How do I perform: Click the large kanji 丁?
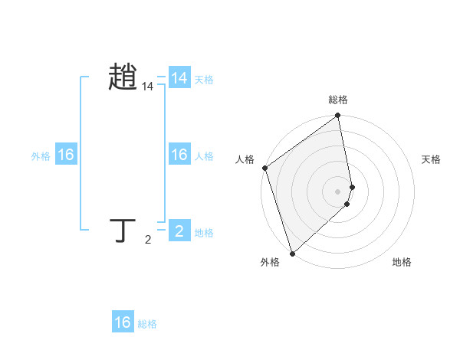click(x=123, y=230)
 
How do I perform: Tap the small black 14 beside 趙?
click(x=148, y=87)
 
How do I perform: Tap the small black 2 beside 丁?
click(x=148, y=241)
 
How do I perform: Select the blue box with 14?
click(x=179, y=78)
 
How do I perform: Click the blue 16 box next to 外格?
click(x=66, y=155)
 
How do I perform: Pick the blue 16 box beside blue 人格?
click(x=179, y=155)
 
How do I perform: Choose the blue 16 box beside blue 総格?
click(x=123, y=322)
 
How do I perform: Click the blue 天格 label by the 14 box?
click(x=204, y=80)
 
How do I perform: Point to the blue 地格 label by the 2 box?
click(x=204, y=233)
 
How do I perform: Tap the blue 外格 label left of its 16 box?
click(x=41, y=156)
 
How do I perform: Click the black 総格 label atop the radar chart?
click(x=338, y=100)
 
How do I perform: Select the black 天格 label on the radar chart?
click(x=432, y=159)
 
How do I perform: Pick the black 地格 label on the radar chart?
click(x=402, y=263)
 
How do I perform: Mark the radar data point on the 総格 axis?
click(x=338, y=116)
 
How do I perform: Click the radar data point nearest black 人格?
click(x=264, y=168)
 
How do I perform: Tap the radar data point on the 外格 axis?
click(x=292, y=253)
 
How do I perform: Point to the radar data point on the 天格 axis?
click(x=353, y=187)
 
